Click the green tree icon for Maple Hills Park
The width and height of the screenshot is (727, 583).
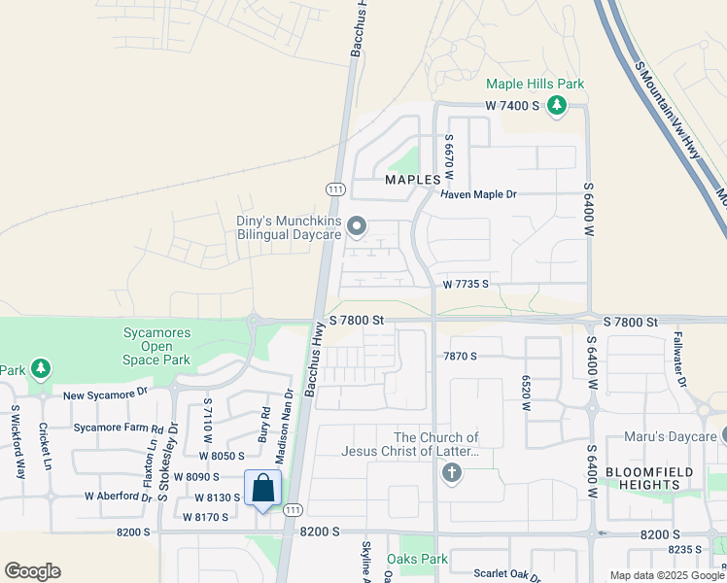(557, 105)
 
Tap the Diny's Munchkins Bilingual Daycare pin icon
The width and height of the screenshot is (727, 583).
(356, 227)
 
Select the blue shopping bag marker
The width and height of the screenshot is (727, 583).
(263, 490)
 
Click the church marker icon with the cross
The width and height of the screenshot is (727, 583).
(450, 473)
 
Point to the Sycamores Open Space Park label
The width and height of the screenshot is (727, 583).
(156, 346)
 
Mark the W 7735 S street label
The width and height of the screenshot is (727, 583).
(465, 285)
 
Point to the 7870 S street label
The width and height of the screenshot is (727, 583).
(460, 357)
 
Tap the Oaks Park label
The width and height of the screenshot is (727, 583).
(417, 559)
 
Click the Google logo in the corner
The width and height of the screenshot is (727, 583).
(32, 571)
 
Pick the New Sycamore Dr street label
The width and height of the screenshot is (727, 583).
(105, 394)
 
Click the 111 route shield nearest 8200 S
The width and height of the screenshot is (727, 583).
(291, 509)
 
